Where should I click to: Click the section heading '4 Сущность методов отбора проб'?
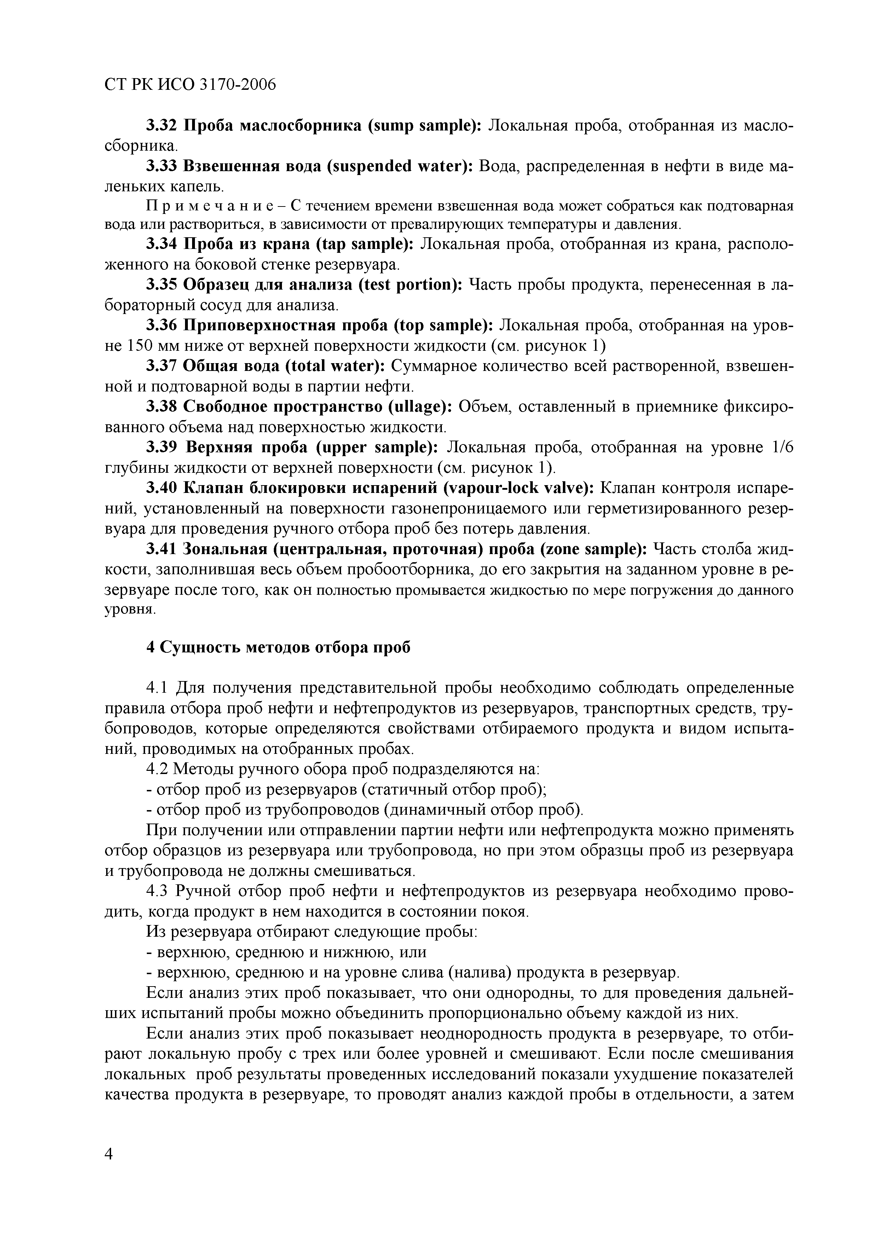(x=278, y=647)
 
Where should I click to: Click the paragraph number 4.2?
(x=158, y=769)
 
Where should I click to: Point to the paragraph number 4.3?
(x=158, y=891)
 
